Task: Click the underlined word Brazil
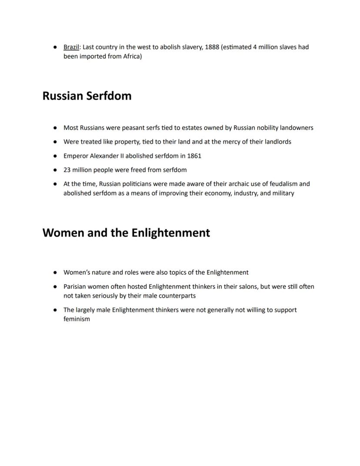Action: point(71,47)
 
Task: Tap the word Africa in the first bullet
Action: point(130,57)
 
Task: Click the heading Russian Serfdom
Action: point(87,96)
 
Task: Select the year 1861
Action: point(193,156)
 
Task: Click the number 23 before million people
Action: point(67,170)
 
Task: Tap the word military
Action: point(283,193)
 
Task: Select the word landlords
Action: point(277,142)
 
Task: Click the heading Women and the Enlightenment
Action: point(126,233)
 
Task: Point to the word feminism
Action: point(77,319)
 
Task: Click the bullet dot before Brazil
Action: point(56,47)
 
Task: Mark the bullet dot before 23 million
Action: point(56,170)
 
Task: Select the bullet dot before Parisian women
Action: point(56,287)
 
